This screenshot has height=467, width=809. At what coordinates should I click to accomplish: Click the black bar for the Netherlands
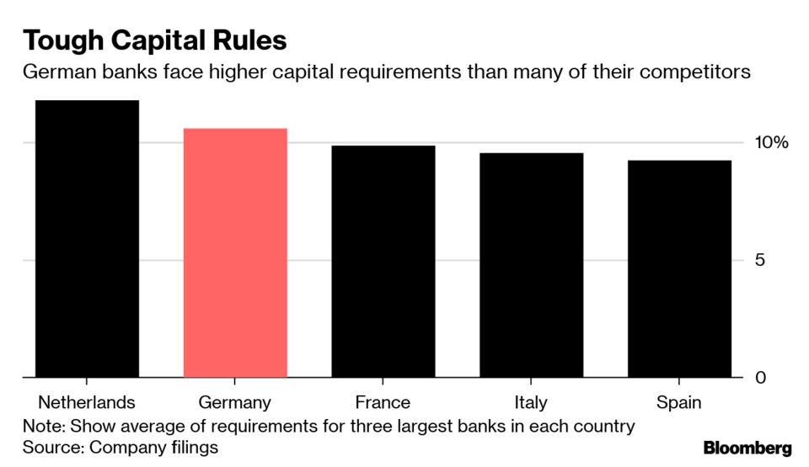coord(87,239)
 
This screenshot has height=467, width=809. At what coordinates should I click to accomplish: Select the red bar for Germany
coord(235,252)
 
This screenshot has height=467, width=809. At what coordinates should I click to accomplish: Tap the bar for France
coord(383,261)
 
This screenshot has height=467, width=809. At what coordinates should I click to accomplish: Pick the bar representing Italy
coord(531,265)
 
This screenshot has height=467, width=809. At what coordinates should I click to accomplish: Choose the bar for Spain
coord(679,268)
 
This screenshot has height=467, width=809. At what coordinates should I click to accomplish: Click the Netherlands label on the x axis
coord(87,402)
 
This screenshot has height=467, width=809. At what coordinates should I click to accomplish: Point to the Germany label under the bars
coord(235,402)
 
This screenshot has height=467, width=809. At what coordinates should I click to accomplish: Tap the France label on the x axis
coord(383,402)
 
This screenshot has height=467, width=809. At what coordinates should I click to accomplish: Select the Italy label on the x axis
coord(531,402)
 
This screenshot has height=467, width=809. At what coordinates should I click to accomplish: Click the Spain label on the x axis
coord(679,402)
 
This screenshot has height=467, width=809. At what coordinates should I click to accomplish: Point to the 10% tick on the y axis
coord(770,142)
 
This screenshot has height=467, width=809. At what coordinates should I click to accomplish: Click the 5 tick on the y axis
coord(760,260)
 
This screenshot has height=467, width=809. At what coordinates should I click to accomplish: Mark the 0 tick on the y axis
coord(760,378)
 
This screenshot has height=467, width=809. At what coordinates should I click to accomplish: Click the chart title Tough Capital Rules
coord(154,40)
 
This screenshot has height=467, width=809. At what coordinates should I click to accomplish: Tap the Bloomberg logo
coord(747,448)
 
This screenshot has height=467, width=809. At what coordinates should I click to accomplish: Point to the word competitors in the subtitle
coord(694,72)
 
